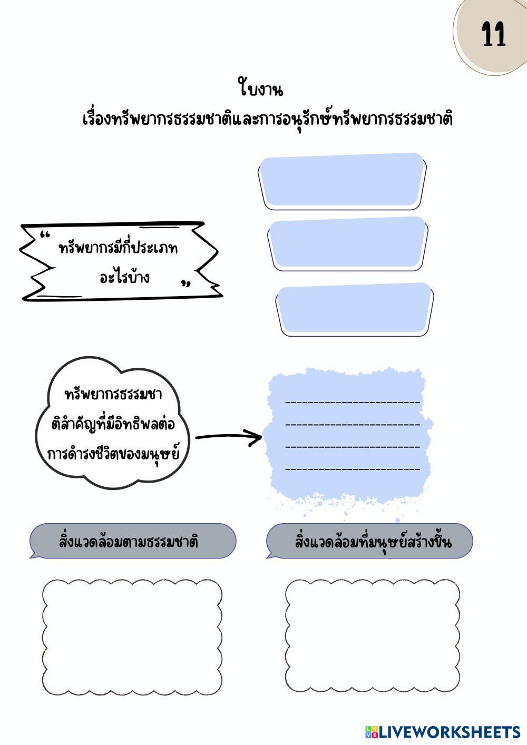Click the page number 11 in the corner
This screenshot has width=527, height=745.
pyautogui.click(x=494, y=36)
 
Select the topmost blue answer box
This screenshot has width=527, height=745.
pyautogui.click(x=343, y=180)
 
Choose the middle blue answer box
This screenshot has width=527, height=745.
pyautogui.click(x=348, y=243)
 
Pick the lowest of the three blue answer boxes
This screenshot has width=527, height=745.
pyautogui.click(x=354, y=309)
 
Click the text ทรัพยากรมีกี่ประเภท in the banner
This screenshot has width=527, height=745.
pyautogui.click(x=119, y=248)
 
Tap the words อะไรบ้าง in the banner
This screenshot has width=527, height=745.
pyautogui.click(x=125, y=277)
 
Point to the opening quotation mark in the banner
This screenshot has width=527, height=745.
pyautogui.click(x=45, y=235)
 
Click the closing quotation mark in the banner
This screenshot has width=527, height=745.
pyautogui.click(x=186, y=285)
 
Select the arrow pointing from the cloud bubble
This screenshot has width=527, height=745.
pyautogui.click(x=229, y=437)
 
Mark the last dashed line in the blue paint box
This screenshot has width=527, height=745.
pyautogui.click(x=353, y=469)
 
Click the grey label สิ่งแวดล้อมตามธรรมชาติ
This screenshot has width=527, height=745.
pyautogui.click(x=130, y=542)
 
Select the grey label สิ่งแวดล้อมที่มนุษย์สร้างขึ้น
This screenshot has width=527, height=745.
pyautogui.click(x=373, y=542)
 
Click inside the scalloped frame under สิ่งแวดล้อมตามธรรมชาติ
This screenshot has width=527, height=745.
pyautogui.click(x=132, y=636)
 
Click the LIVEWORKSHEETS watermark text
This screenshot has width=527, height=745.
pyautogui.click(x=450, y=732)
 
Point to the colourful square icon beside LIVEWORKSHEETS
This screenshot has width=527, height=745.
pyautogui.click(x=372, y=732)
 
